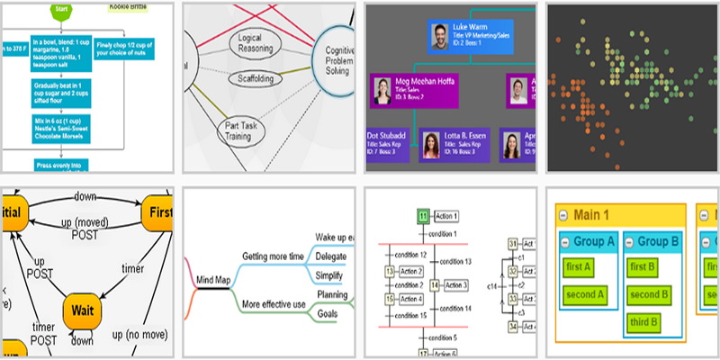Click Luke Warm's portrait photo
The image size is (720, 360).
(440, 38)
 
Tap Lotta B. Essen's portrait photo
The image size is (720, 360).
(431, 144)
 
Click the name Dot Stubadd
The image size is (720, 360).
(386, 135)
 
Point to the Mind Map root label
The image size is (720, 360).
(215, 281)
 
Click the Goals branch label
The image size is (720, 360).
(326, 314)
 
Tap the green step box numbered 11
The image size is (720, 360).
(422, 217)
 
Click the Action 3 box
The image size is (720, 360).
(457, 285)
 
